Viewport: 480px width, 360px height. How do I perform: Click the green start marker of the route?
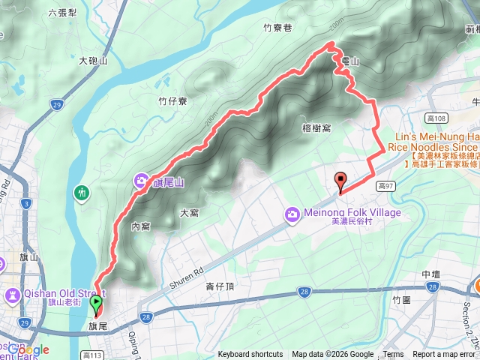[97, 304]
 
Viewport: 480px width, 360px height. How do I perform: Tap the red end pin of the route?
[340, 181]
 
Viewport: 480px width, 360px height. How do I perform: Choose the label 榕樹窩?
[316, 128]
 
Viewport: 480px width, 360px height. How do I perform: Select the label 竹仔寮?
[172, 100]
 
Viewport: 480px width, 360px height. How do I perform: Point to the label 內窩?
[140, 226]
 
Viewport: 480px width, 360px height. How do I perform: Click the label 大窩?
[190, 213]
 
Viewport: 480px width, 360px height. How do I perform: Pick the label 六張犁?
[63, 13]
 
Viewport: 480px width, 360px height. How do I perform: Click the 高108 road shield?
[435, 118]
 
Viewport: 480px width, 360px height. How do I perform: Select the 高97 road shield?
[386, 185]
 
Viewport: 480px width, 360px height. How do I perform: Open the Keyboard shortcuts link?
[250, 355]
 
